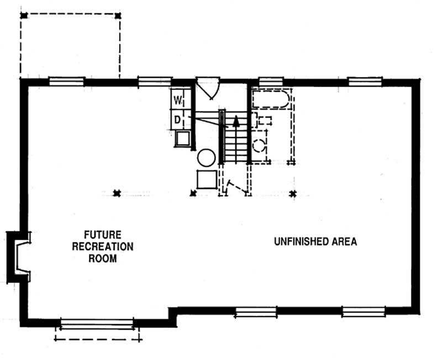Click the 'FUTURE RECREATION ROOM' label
(103, 246)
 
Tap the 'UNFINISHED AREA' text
(315, 241)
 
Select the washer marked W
(178, 100)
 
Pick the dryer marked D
(178, 118)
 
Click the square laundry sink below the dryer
(182, 139)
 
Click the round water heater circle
(206, 158)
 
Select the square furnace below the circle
(206, 179)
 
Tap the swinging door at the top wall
(209, 88)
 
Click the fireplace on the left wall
(19, 256)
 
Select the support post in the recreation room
(117, 193)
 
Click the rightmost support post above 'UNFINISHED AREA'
(293, 193)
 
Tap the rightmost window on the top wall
(365, 82)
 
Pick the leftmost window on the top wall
(66, 82)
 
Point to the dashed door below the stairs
(236, 186)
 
